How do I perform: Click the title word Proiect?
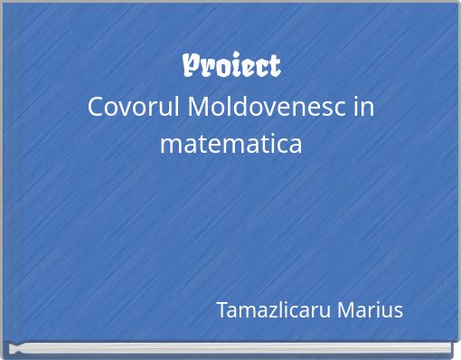point(231,66)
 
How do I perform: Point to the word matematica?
point(230,143)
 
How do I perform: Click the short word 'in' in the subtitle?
point(364,107)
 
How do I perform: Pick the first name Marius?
point(370,310)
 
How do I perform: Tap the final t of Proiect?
point(274,67)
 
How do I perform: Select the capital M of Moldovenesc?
point(201,107)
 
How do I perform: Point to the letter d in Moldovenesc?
point(240,107)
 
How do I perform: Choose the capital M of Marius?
point(346,310)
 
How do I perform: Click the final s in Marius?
point(398,311)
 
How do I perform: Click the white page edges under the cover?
point(230,347)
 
